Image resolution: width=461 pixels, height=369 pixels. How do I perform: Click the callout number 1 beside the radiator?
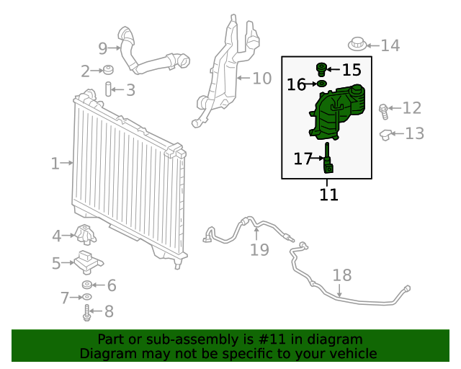(55, 164)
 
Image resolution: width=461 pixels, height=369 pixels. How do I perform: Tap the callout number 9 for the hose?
(102, 48)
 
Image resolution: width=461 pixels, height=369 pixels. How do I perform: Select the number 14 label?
(390, 46)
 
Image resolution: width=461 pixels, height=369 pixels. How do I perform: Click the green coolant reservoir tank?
(339, 112)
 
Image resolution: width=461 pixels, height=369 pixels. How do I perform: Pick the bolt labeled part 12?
(384, 110)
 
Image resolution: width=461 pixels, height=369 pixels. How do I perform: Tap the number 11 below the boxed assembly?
(328, 195)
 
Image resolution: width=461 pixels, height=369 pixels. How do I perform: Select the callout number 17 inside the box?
(303, 158)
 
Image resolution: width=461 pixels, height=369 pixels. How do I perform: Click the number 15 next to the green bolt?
(352, 70)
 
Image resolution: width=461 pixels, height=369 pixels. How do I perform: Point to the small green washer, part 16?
(322, 84)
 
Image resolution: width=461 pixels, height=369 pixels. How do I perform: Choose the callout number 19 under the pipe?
(259, 249)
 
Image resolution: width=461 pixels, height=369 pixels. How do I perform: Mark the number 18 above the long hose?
(342, 275)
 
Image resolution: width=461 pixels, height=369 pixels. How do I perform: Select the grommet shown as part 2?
(107, 70)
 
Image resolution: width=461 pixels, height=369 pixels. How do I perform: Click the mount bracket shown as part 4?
(85, 235)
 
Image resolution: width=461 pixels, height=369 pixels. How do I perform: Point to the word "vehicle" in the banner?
(353, 353)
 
